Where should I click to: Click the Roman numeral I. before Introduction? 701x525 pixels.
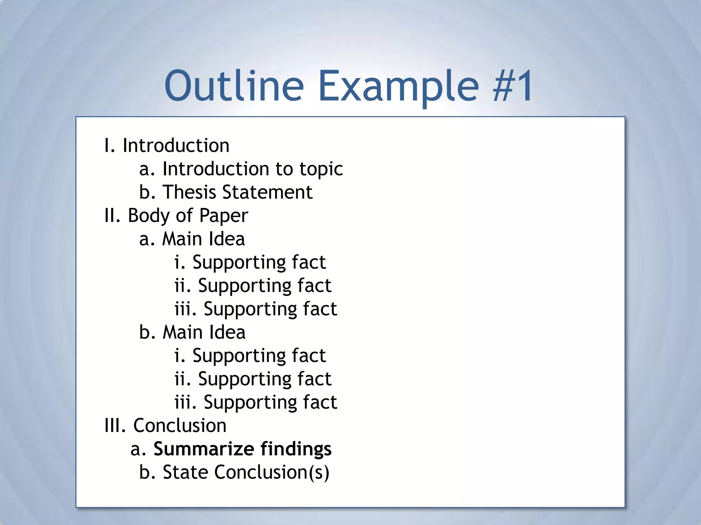(110, 146)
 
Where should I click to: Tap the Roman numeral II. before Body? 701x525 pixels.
(112, 216)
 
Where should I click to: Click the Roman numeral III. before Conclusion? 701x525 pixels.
(115, 426)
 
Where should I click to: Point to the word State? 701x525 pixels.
(185, 472)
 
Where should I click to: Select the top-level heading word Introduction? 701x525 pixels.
(176, 146)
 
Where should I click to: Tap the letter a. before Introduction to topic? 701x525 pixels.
(147, 169)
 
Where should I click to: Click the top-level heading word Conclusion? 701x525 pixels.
(180, 426)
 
